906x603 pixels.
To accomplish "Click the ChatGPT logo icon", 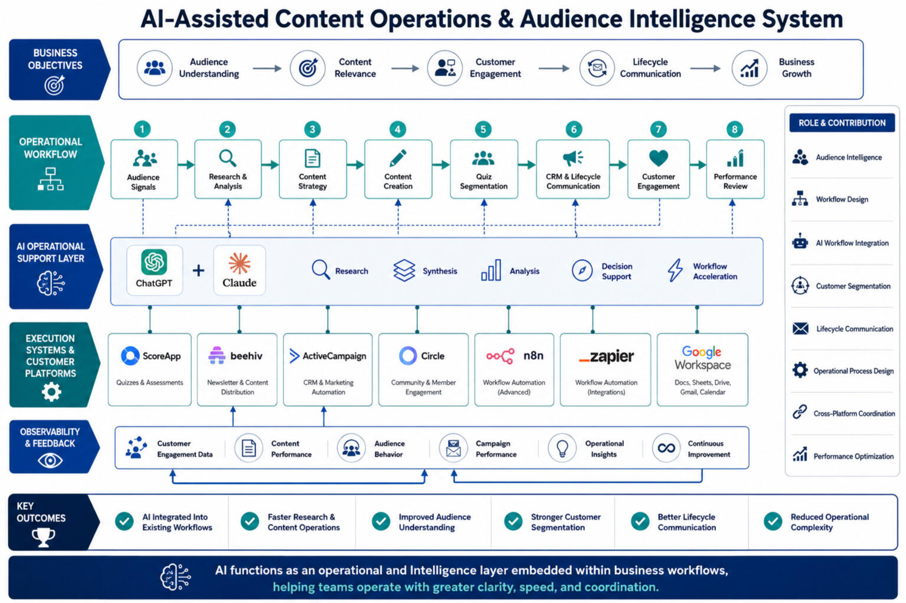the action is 154,262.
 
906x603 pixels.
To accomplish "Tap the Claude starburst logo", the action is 240,264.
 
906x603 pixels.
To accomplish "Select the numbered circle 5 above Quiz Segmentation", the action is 483,129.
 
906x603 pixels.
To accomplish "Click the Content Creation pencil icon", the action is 398,158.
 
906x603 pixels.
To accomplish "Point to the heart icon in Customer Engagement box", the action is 659,158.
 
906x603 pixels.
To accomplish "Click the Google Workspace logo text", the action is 702,358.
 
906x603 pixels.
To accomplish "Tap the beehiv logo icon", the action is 217,356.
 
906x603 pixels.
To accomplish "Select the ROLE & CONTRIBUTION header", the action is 842,123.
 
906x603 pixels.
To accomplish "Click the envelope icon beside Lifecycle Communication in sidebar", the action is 800,329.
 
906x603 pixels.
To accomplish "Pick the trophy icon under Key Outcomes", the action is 43,538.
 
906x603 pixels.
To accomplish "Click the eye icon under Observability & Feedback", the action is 50,461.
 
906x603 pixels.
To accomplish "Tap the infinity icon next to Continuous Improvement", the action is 666,448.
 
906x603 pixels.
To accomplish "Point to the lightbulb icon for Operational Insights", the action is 562,448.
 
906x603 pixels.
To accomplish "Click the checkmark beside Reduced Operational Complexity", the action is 773,522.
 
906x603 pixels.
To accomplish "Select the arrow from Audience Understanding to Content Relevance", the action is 267,68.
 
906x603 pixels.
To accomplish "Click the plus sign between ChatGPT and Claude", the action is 198,270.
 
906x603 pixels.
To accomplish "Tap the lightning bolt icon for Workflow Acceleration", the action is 675,270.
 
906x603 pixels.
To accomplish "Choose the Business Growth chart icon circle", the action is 749,68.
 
